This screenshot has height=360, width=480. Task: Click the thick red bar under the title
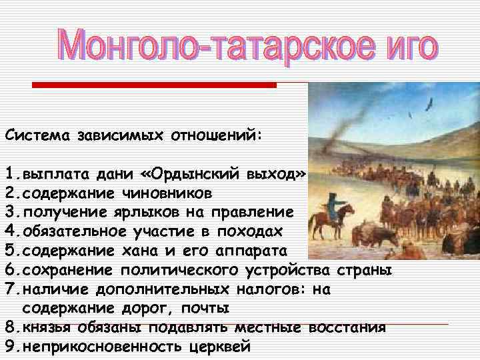point(154,85)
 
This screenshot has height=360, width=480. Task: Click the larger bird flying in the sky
point(429,104)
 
